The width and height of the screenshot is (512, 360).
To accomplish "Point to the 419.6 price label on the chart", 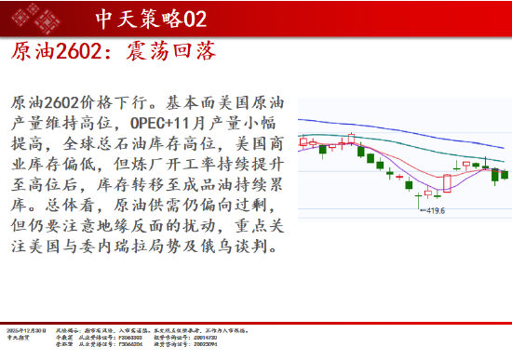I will [435, 211].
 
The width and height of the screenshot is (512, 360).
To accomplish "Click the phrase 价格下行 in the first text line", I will [107, 100].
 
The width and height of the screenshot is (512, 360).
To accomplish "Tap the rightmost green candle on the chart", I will [505, 174].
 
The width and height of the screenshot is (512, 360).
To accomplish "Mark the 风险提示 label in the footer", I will [66, 330].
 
